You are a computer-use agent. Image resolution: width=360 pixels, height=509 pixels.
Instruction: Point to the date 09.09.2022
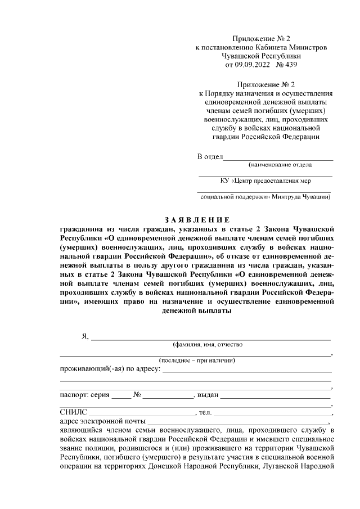[253, 65]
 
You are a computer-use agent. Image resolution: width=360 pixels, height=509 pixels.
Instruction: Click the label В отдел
[210, 156]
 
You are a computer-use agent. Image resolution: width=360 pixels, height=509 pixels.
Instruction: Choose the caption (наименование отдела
[280, 165]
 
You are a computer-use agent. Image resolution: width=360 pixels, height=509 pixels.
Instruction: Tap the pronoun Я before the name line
[85, 336]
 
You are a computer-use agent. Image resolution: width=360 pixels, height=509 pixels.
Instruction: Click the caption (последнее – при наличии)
[197, 360]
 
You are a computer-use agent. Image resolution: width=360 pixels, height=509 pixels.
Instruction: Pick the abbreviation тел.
[205, 412]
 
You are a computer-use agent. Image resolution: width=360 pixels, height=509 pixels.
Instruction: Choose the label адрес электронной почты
[102, 421]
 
